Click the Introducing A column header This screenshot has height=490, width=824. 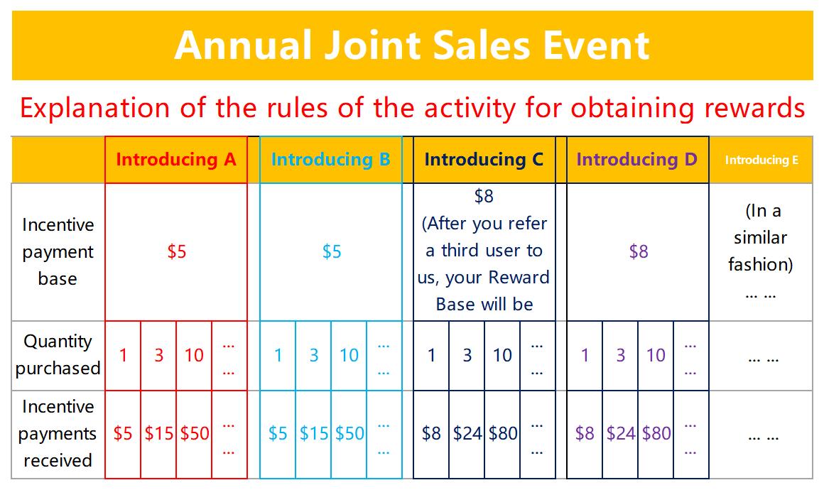tap(176, 160)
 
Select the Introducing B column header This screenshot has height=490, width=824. tap(330, 160)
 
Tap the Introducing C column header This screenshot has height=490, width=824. tap(484, 160)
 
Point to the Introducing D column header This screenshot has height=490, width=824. tap(637, 160)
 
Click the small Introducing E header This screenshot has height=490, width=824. tap(761, 160)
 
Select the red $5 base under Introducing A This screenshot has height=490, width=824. tap(177, 251)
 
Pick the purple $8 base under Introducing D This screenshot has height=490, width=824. tap(639, 251)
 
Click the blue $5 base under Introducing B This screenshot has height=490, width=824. tap(332, 251)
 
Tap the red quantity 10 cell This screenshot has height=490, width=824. tap(194, 356)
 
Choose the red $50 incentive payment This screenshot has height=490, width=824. tap(195, 433)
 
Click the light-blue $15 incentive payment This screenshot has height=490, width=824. tap(314, 433)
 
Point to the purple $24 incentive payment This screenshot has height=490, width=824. tap(621, 433)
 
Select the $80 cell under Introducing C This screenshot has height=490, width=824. tap(503, 433)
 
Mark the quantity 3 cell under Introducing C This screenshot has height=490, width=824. tap(467, 356)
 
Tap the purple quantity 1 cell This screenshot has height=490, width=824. tap(585, 356)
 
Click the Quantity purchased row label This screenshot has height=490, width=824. tap(58, 355)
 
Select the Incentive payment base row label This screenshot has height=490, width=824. tap(58, 251)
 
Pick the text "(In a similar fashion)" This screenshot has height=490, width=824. tap(760, 237)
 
